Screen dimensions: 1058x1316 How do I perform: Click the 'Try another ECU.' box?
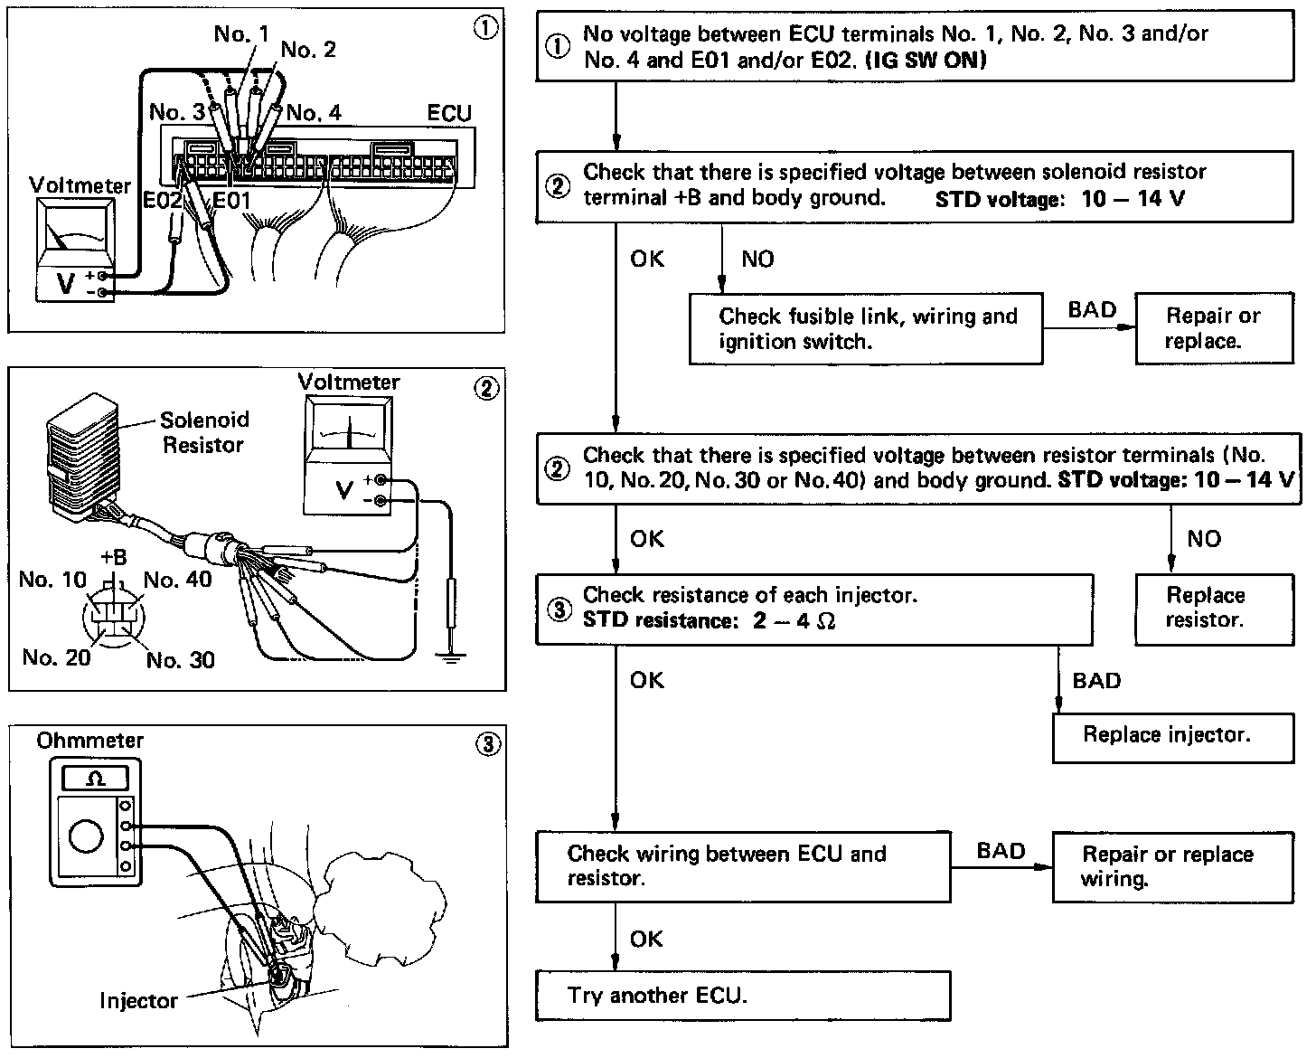(x=742, y=996)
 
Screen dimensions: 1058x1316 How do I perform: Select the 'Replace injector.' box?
(x=1172, y=738)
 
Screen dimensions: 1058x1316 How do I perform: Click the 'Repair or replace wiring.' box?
(x=1172, y=867)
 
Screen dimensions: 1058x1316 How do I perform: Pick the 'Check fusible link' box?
(x=865, y=329)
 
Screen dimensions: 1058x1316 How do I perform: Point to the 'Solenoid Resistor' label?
(x=203, y=432)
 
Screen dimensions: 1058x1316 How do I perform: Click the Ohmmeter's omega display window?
(x=95, y=778)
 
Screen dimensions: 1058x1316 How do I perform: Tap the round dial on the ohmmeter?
(x=86, y=837)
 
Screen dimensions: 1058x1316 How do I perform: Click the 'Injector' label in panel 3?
(x=138, y=1001)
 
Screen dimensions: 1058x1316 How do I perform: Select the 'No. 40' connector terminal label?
(x=177, y=580)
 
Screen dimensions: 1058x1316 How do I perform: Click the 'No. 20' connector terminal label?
(x=56, y=657)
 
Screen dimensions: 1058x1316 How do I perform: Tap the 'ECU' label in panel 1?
(x=449, y=115)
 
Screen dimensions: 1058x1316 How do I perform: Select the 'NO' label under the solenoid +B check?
(x=757, y=260)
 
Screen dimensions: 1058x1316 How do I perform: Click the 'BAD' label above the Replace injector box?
(x=1095, y=681)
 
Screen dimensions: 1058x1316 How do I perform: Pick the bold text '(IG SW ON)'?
(x=926, y=61)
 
